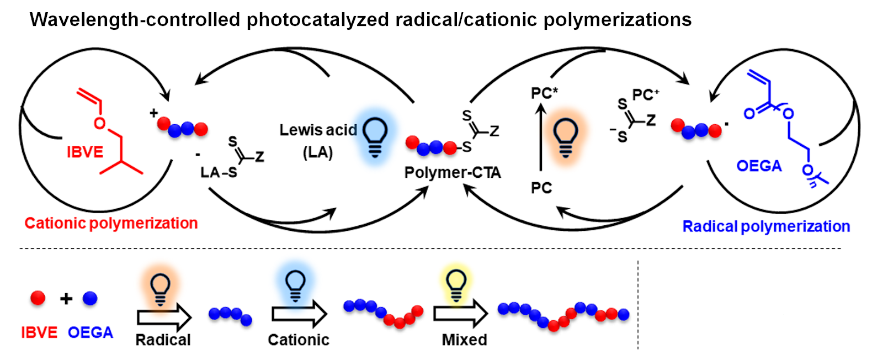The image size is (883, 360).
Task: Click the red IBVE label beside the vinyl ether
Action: (x=85, y=152)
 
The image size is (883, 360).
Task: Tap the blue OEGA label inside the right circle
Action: (x=759, y=166)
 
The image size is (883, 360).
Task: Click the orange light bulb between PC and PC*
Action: (x=565, y=137)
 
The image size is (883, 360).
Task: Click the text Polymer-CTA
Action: (x=453, y=173)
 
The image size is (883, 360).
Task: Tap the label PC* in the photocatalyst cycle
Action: (x=544, y=93)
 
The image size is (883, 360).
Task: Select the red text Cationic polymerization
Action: (x=111, y=223)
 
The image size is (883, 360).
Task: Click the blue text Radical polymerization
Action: (x=766, y=226)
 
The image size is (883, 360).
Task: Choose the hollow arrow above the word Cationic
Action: (x=299, y=315)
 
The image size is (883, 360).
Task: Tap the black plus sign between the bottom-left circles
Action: (x=66, y=299)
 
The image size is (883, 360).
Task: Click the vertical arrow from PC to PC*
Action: (x=541, y=138)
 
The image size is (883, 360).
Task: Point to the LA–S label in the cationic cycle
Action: (x=219, y=173)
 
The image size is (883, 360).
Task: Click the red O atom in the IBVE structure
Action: (x=99, y=123)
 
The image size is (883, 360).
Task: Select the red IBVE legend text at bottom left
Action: (x=39, y=332)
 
